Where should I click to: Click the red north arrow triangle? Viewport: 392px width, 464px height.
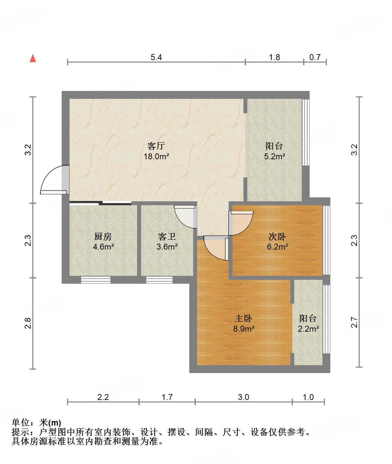[33, 58]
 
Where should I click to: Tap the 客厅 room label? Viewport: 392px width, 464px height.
[156, 146]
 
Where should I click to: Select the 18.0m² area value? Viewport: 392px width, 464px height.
[156, 156]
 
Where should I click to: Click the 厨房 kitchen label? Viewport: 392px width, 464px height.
[103, 236]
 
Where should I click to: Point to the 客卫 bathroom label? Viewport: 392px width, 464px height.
[167, 236]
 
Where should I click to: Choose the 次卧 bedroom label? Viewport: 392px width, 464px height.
[277, 236]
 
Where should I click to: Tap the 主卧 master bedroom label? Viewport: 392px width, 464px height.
[244, 318]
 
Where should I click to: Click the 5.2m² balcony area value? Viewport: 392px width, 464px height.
[275, 156]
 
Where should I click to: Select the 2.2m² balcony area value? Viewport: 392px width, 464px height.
[308, 328]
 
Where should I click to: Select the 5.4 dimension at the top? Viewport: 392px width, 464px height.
[156, 57]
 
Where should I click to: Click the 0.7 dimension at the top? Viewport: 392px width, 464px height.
[315, 57]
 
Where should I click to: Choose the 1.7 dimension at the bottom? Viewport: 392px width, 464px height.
[167, 397]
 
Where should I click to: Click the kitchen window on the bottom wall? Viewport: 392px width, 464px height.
[95, 280]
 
